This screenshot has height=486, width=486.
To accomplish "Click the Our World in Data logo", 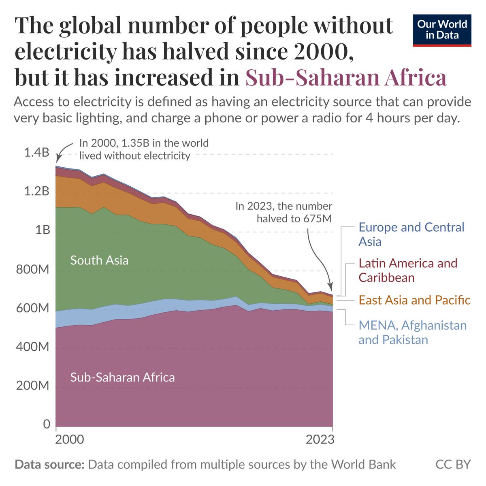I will click(442, 30).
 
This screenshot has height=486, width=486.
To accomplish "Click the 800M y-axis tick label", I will click(32, 269).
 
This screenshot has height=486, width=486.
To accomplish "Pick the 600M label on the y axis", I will click(32, 308).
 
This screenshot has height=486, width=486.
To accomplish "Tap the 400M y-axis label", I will click(32, 347).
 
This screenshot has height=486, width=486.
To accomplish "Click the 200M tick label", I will click(32, 386).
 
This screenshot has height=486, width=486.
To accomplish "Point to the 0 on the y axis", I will click(46, 424).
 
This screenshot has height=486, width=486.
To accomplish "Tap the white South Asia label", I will click(99, 260).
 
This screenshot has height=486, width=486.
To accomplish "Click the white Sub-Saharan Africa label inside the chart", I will click(122, 377).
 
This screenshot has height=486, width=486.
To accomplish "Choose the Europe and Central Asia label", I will click(411, 234).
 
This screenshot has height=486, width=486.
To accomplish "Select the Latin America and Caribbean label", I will click(408, 270).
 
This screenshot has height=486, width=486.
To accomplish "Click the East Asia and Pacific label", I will click(414, 300).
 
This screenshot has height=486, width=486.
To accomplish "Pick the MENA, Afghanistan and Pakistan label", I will click(412, 332).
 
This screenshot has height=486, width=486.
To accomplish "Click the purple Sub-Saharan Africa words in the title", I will click(346, 77).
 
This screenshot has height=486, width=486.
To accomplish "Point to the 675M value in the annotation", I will click(317, 219).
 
